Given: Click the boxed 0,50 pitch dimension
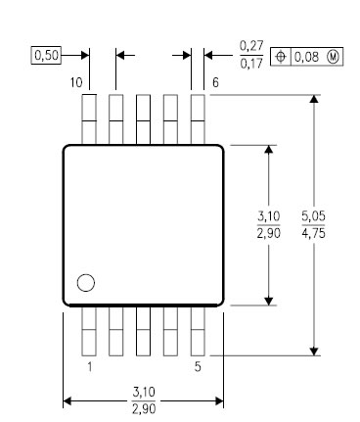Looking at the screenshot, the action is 46,56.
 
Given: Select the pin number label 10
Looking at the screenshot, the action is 76,82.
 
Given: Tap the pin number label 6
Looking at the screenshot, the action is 215,82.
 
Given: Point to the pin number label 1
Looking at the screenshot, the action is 89,367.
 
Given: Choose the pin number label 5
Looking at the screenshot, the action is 198,367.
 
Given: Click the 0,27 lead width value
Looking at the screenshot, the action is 251,46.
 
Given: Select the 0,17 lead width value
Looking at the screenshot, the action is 251,63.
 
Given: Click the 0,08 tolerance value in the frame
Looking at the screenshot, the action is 306,57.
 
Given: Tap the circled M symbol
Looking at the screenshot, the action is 333,57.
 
